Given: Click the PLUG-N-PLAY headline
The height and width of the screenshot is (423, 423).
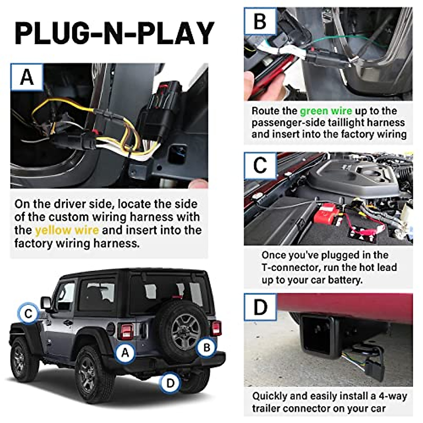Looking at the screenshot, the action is coord(114,33).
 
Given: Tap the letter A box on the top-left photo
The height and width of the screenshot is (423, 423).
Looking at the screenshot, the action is coord(27,77).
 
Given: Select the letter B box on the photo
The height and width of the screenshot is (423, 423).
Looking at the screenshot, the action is coord(260,22).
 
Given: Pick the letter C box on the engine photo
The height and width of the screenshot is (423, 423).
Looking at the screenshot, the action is coord(260,165).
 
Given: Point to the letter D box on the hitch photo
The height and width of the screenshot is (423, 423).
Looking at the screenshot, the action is coord(260,306).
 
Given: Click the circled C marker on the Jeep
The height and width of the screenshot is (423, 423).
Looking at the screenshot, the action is coord(29,313).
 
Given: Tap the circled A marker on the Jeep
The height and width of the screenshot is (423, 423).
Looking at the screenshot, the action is coord(125,352).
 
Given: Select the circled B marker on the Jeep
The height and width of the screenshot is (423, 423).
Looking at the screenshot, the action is coord(207,348).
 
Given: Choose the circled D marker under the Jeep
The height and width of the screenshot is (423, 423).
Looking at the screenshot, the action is coord(170,383).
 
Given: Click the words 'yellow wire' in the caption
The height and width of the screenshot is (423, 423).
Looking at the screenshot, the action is coord(67,230).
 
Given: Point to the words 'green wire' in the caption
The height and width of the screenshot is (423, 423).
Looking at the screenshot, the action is coord(326,111).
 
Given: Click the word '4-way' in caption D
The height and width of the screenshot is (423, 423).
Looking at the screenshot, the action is coord(393,396).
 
